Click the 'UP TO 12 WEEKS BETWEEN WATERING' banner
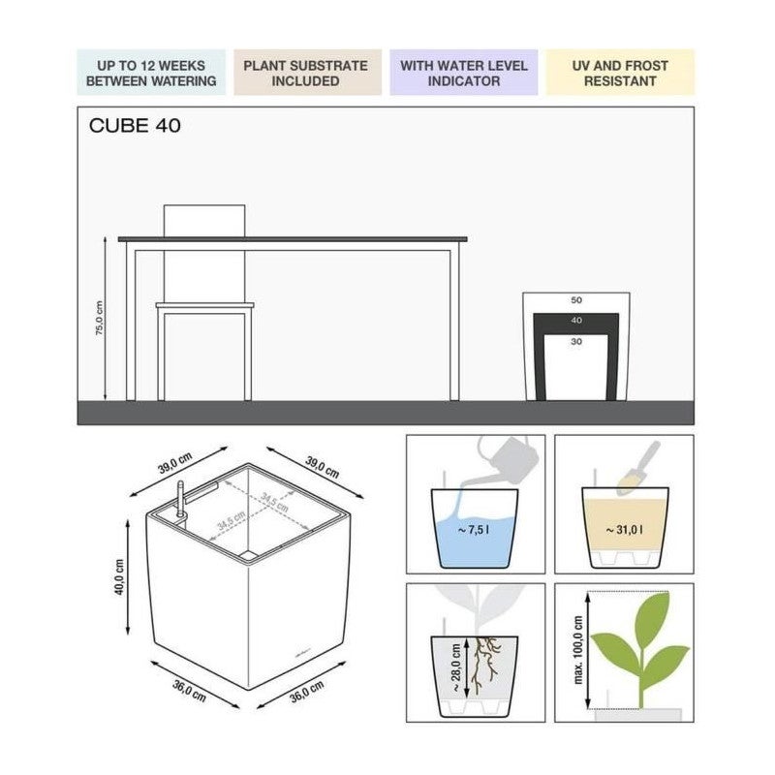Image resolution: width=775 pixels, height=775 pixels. (151, 74)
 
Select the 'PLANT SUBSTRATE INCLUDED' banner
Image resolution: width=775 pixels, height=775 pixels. (305, 74)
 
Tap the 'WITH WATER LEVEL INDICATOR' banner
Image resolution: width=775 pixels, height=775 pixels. (465, 74)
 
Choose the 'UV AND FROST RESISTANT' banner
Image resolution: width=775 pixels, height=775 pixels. (620, 74)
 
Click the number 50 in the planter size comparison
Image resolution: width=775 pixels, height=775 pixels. (576, 301)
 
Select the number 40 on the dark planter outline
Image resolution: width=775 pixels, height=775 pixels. (576, 321)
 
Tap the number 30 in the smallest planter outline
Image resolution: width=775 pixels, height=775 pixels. (576, 342)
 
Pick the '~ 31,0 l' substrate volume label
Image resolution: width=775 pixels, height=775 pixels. (625, 530)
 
